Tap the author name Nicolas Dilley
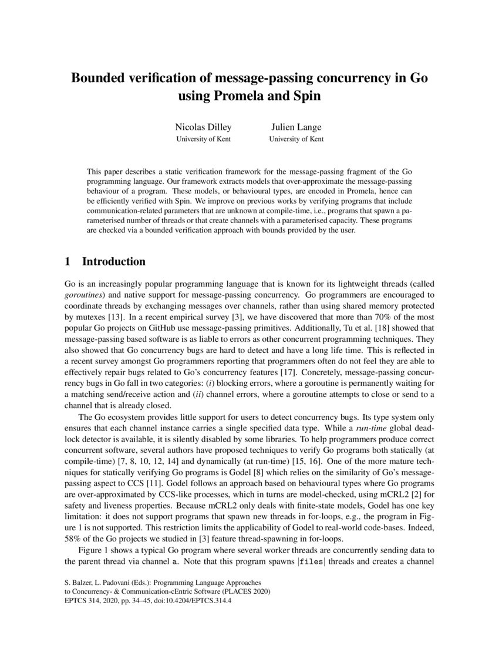(203, 127)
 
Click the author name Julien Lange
(296, 127)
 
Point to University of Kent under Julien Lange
(296, 140)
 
